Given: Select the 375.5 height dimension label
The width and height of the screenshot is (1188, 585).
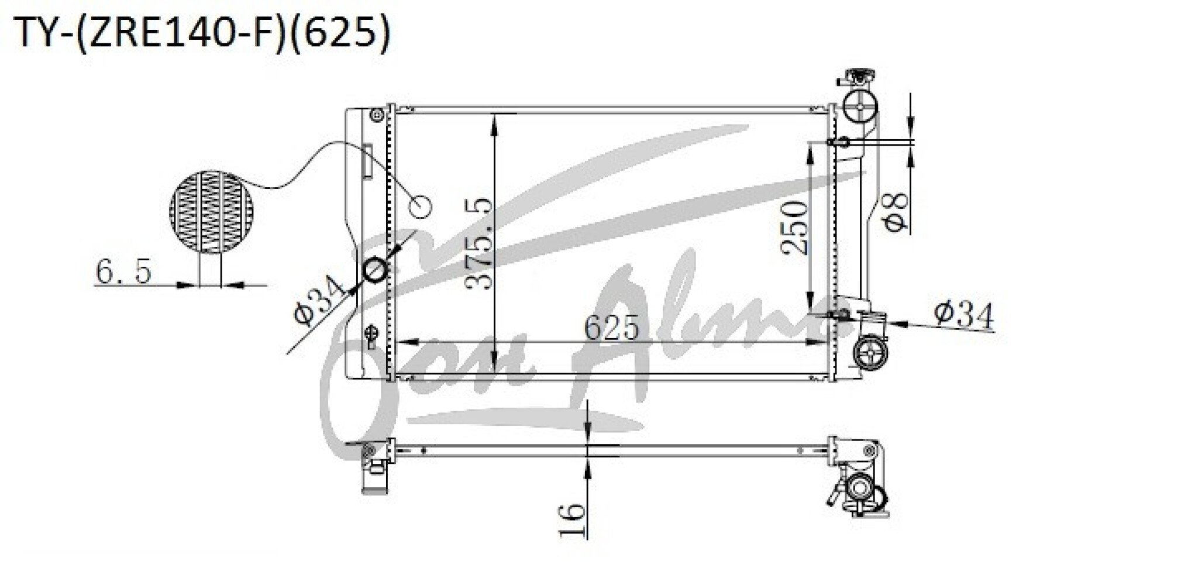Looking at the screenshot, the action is point(477,245).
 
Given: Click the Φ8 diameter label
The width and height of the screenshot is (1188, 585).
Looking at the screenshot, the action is point(894,209).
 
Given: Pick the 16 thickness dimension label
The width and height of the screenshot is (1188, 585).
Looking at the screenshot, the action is point(571,519).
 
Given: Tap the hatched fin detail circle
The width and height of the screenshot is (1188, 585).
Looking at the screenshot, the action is point(212,212).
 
